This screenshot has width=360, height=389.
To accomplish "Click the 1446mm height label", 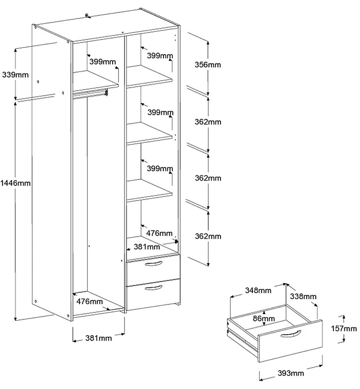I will [x=16, y=183].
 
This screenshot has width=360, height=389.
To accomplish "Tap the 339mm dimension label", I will [x=15, y=75].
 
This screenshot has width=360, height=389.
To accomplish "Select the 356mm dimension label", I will [x=208, y=65].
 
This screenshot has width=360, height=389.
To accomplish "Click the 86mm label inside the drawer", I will [x=264, y=318].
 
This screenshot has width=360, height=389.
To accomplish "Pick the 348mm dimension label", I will [x=258, y=291].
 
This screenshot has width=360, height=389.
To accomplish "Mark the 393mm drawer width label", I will [x=291, y=373].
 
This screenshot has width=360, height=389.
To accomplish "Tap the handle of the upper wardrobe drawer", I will [x=154, y=265].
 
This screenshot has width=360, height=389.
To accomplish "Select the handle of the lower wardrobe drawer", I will [x=154, y=287].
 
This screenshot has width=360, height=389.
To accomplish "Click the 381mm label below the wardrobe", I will [x=98, y=338].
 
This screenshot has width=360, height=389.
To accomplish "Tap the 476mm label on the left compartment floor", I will [x=90, y=301].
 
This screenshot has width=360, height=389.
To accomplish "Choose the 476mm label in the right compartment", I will [x=159, y=233].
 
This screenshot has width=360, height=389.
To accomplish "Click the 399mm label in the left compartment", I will [x=103, y=61].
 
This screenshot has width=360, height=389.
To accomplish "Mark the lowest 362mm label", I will [x=208, y=236].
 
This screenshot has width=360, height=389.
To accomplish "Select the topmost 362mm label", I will [x=208, y=122].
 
